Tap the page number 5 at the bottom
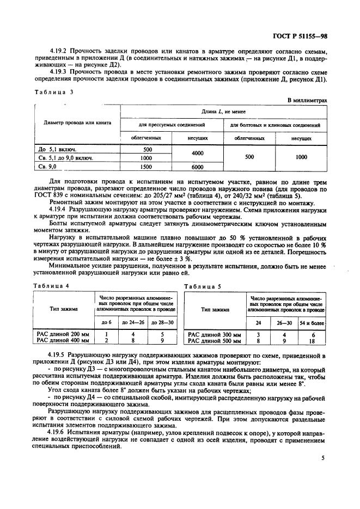pyautogui.click(x=322, y=458)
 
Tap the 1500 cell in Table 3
pyautogui.click(x=147, y=168)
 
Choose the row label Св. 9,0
pyautogui.click(x=47, y=168)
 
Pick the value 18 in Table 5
pyautogui.click(x=312, y=341)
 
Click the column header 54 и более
pyautogui.click(x=312, y=323)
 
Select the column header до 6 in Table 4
pyautogui.click(x=107, y=323)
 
